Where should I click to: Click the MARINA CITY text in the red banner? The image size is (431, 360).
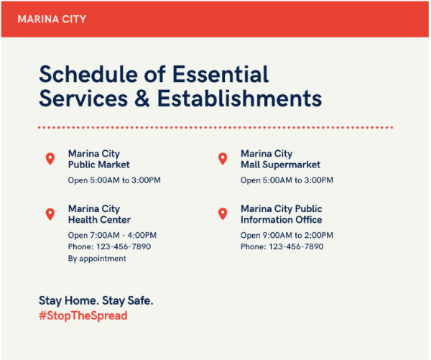[x=52, y=19]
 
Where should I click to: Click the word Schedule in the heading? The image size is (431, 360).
[x=88, y=74]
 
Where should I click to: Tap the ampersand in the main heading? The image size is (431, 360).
[x=142, y=98]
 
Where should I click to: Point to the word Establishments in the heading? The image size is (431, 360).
[x=239, y=98]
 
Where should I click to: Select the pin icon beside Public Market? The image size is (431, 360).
[x=50, y=159]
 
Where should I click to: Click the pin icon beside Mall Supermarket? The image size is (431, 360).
[x=223, y=159]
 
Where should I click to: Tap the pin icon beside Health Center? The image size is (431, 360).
[x=50, y=214]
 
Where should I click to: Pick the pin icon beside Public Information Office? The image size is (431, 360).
[x=223, y=214]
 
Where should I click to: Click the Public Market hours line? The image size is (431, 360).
[x=114, y=180]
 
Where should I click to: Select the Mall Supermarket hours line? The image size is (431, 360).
[x=287, y=180]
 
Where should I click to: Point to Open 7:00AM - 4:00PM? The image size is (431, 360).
[x=112, y=236]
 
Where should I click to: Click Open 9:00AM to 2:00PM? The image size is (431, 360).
[x=287, y=236]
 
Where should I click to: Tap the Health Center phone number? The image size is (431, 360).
[x=124, y=246]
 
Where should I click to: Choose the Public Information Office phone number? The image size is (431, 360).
[x=296, y=246]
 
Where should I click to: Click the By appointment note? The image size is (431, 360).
[x=97, y=259]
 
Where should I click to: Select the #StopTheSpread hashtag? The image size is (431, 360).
[x=83, y=315]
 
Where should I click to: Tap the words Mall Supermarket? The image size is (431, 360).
[x=280, y=165]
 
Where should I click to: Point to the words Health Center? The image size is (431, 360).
[x=99, y=220]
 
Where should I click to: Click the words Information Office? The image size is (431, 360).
[x=281, y=220]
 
